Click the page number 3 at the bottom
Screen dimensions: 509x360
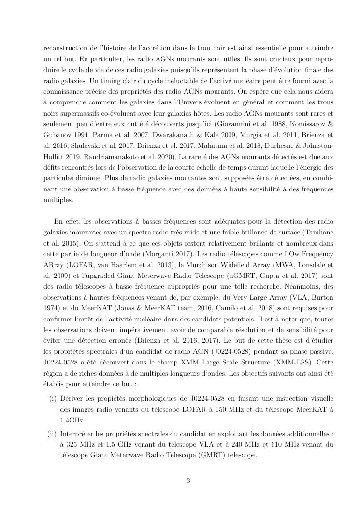coord(188,480)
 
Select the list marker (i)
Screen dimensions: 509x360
coord(52,398)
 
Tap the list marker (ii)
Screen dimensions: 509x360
coord(52,432)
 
